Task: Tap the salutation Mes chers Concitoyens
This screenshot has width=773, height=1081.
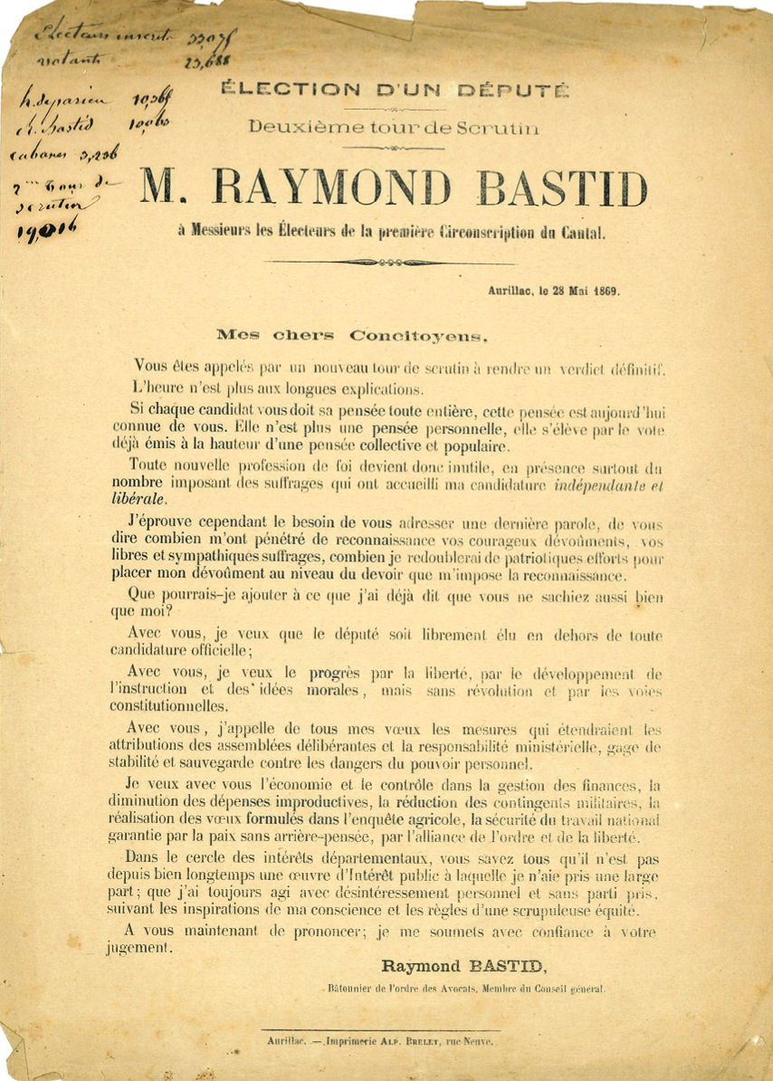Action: (351, 334)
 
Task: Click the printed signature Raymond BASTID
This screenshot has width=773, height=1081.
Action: (464, 966)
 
